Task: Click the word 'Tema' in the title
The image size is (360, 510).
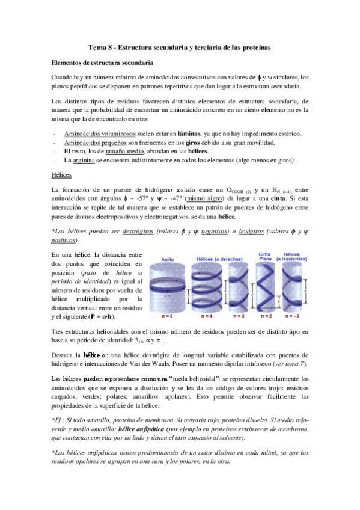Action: click(x=98, y=47)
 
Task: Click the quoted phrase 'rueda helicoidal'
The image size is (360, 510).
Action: click(x=199, y=379)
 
